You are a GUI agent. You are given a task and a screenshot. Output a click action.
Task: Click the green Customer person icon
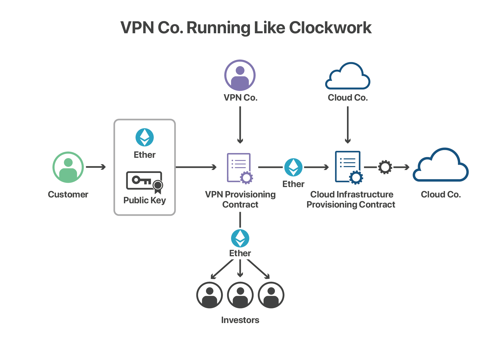tap(68, 167)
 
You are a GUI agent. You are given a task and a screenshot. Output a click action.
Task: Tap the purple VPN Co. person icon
tap(240, 75)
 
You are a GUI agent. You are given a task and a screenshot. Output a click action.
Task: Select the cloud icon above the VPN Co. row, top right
tap(348, 76)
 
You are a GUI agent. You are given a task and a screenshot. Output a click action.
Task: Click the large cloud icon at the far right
tap(440, 165)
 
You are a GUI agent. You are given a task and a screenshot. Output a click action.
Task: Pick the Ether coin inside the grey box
tap(145, 137)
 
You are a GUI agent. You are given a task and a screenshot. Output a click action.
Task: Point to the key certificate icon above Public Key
tap(144, 181)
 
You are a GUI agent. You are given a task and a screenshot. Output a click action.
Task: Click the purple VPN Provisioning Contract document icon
tap(240, 168)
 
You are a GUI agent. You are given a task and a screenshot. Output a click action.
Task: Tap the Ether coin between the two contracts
tap(293, 167)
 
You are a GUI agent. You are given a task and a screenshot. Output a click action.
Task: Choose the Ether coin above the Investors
tap(240, 238)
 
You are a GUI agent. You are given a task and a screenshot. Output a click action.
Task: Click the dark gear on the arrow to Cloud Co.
tap(385, 167)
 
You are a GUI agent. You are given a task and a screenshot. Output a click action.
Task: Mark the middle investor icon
tap(240, 295)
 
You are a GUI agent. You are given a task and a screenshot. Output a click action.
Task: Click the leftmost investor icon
tap(210, 295)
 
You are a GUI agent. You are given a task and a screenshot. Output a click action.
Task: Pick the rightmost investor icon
tap(271, 295)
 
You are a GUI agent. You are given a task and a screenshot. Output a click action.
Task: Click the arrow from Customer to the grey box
tap(96, 167)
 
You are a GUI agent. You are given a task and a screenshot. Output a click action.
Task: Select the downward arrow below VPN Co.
tap(240, 125)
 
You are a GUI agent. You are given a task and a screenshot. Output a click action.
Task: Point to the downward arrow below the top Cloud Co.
tap(348, 125)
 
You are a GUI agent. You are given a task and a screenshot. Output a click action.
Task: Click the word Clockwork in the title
tap(330, 28)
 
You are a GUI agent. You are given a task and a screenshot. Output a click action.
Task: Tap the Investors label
tap(240, 320)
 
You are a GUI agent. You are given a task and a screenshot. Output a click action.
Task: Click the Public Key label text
tap(145, 200)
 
